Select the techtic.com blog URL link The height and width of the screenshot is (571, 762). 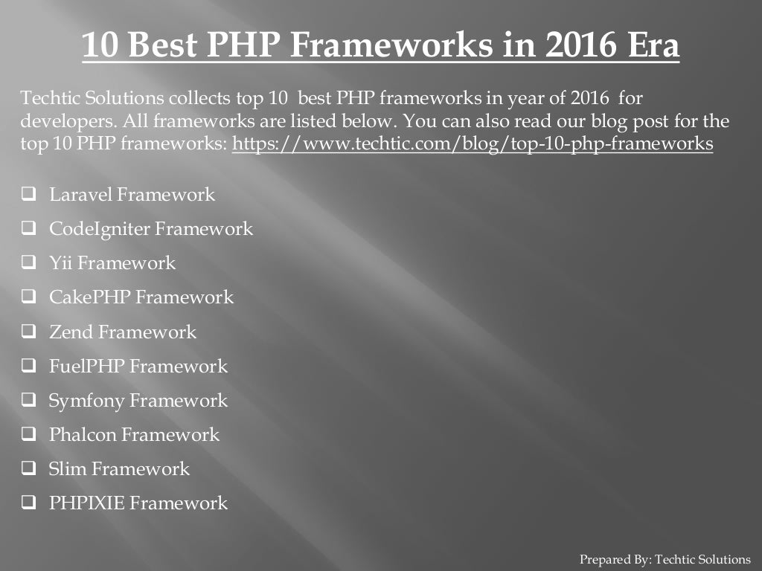473,143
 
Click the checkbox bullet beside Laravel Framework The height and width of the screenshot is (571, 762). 29,195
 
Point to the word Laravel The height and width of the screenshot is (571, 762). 80,195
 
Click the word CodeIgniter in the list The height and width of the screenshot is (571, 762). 99,229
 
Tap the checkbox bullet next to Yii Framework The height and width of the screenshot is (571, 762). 29,263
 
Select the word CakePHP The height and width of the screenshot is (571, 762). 90,297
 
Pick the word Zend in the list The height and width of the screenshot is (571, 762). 71,332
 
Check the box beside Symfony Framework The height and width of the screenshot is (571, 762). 29,400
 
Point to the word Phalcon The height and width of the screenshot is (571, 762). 82,434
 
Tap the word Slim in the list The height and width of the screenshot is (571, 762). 68,468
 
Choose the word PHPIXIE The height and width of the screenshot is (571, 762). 87,503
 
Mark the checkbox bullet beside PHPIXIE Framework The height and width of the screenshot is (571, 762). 29,503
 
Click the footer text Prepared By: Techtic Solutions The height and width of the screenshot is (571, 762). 665,559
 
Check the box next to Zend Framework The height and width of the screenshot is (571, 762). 29,332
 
